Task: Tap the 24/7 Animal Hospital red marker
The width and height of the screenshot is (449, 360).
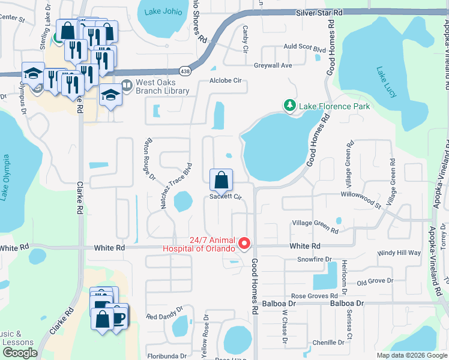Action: [244, 244]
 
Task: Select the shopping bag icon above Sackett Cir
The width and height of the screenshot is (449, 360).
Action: [221, 179]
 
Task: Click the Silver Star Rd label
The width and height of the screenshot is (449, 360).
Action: [319, 12]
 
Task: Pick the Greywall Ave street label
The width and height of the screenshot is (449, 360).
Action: [273, 65]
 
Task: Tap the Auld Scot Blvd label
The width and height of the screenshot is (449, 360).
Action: [304, 46]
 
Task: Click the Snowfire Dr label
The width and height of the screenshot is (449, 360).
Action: [315, 259]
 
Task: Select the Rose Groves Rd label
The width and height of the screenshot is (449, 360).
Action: [315, 296]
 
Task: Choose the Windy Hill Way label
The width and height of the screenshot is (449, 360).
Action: [399, 253]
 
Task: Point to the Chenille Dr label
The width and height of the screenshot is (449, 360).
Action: [328, 343]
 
